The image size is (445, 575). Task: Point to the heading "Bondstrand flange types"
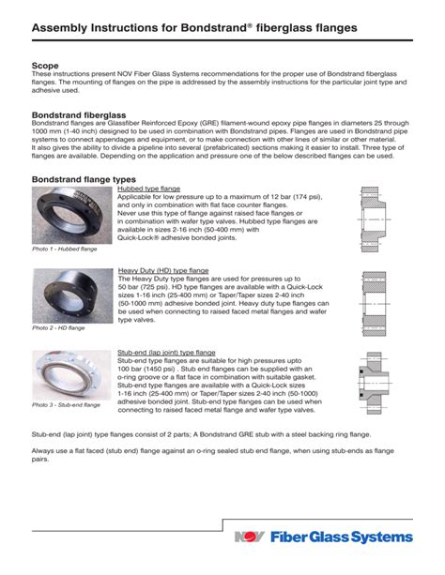(84, 179)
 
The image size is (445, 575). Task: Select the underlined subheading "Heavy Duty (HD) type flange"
(163, 270)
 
